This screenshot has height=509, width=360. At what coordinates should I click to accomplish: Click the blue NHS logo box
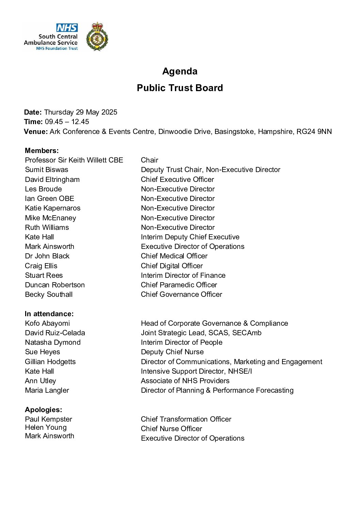pyautogui.click(x=67, y=28)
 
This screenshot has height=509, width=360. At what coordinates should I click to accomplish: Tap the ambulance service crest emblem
pyautogui.click(x=97, y=37)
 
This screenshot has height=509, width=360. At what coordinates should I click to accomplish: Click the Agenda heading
pyautogui.click(x=180, y=71)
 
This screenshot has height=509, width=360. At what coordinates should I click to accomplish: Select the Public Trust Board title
pyautogui.click(x=180, y=88)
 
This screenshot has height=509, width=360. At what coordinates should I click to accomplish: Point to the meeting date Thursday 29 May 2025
pyautogui.click(x=80, y=112)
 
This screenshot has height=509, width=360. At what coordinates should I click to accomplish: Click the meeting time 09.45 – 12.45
pyautogui.click(x=67, y=122)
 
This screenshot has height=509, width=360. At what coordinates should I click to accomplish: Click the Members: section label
pyautogui.click(x=42, y=151)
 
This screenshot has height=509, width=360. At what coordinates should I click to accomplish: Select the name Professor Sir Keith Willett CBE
pyautogui.click(x=74, y=160)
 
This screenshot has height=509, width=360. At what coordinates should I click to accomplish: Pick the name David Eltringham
pyautogui.click(x=52, y=180)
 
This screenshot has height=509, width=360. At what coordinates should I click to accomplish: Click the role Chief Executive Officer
pyautogui.click(x=177, y=180)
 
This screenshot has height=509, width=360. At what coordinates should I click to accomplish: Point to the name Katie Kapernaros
pyautogui.click(x=53, y=208)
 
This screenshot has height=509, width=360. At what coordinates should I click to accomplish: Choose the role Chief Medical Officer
pyautogui.click(x=174, y=256)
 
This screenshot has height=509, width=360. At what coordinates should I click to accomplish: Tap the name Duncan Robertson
pyautogui.click(x=55, y=285)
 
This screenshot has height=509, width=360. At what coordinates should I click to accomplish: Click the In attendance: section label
pyautogui.click(x=49, y=314)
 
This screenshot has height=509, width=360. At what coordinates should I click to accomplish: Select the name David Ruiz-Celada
pyautogui.click(x=55, y=333)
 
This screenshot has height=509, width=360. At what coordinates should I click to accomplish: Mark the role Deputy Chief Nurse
pyautogui.click(x=172, y=352)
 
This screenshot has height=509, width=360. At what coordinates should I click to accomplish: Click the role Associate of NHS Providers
pyautogui.click(x=185, y=381)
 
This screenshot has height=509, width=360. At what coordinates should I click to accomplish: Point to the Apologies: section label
pyautogui.click(x=43, y=410)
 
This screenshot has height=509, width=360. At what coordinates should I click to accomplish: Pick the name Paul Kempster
pyautogui.click(x=48, y=419)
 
